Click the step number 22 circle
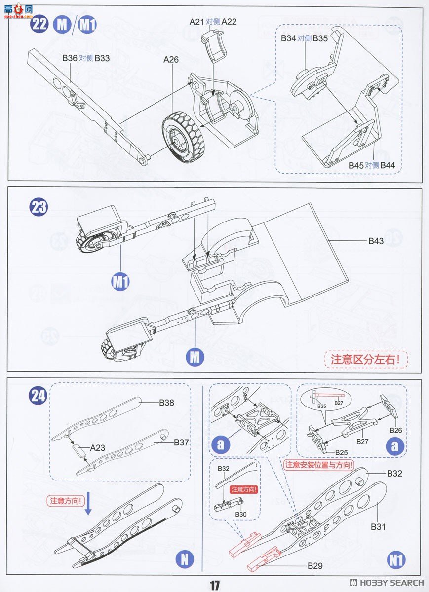(39, 24)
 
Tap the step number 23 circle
(39, 207)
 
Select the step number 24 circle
(38, 396)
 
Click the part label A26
(171, 59)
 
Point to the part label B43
(376, 241)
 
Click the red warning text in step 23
(366, 359)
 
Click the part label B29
(315, 566)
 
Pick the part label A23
(98, 448)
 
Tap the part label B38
(166, 403)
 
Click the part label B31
(378, 526)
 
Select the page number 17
(214, 585)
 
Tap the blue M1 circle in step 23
(120, 282)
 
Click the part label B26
(396, 430)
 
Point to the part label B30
(241, 514)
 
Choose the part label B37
(181, 443)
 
